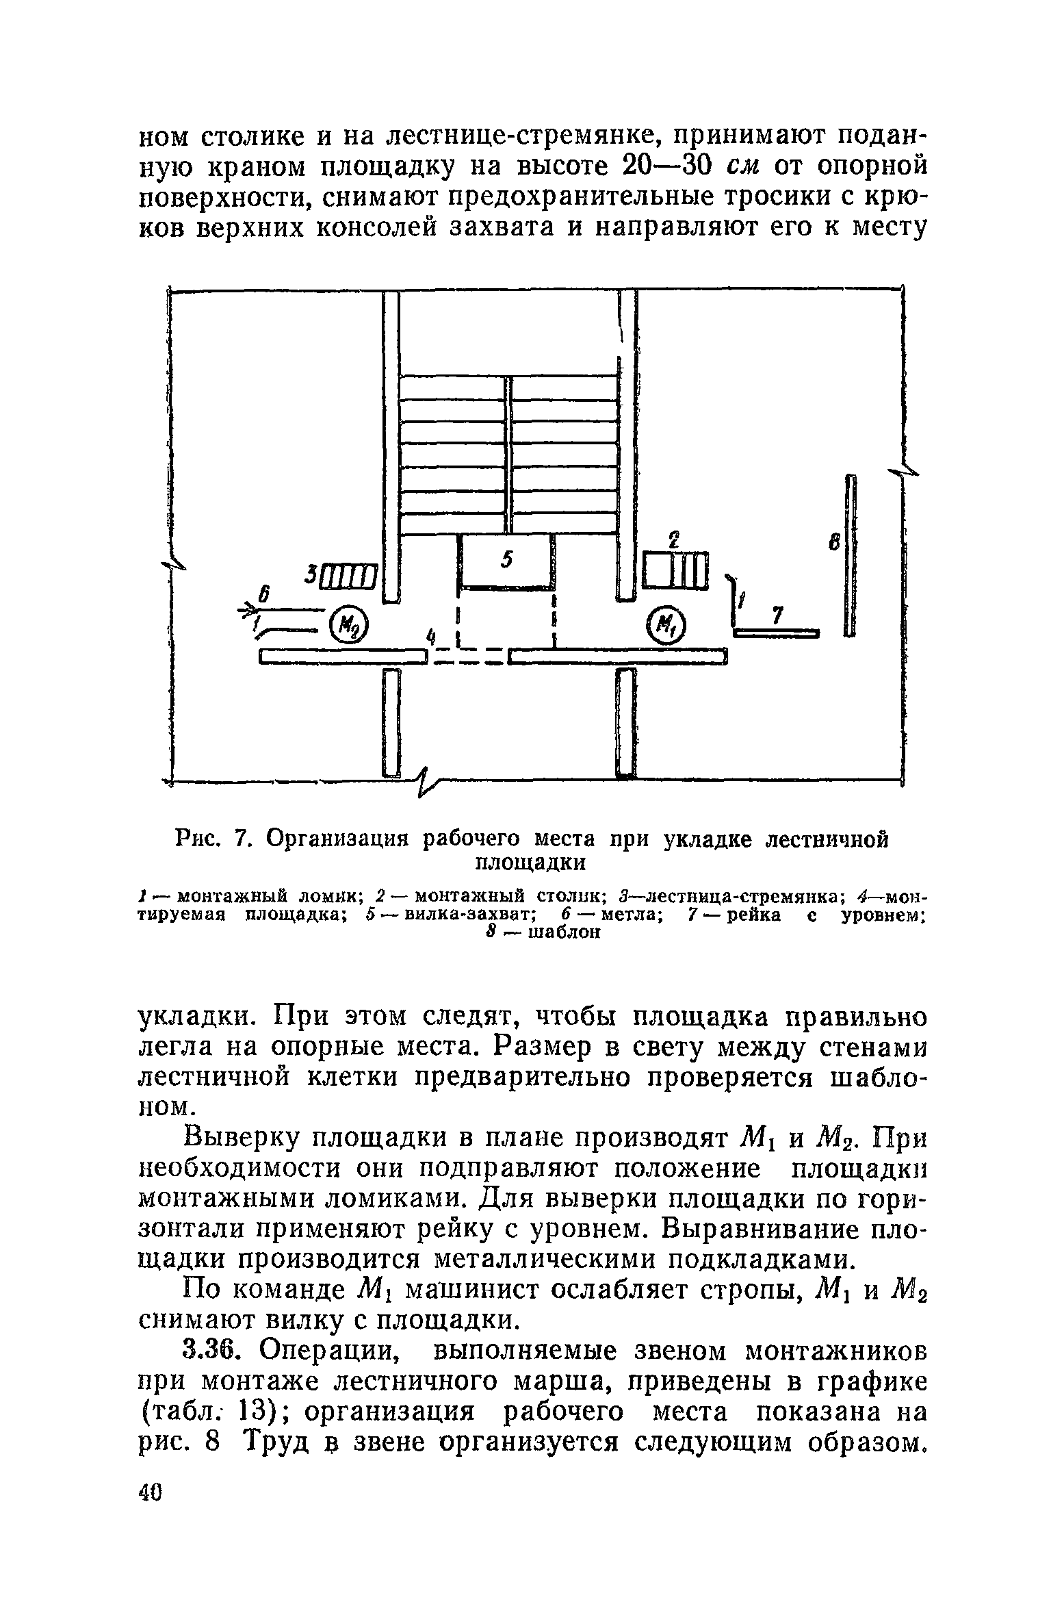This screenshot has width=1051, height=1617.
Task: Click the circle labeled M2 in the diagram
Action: (348, 623)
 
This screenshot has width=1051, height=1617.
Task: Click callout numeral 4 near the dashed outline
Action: (430, 635)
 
